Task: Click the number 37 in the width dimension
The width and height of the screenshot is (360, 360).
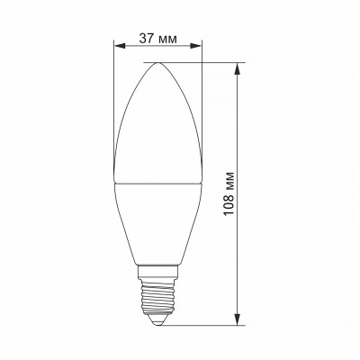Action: pyautogui.click(x=146, y=39)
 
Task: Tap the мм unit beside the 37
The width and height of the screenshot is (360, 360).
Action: pyautogui.click(x=167, y=39)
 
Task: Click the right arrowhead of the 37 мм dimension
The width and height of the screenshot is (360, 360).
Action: pyautogui.click(x=198, y=47)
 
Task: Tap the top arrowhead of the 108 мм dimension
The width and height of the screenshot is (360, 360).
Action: pyautogui.click(x=239, y=67)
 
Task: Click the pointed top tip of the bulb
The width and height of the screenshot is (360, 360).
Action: pyautogui.click(x=159, y=63)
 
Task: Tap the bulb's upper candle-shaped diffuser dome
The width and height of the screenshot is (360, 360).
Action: pyautogui.click(x=159, y=126)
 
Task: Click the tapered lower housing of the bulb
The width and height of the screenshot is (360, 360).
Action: pyautogui.click(x=159, y=216)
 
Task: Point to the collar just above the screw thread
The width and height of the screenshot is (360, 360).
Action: pyautogui.click(x=159, y=267)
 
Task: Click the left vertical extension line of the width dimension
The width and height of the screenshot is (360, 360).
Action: pyautogui.click(x=116, y=90)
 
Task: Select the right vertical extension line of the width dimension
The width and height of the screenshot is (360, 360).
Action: pyautogui.click(x=202, y=90)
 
